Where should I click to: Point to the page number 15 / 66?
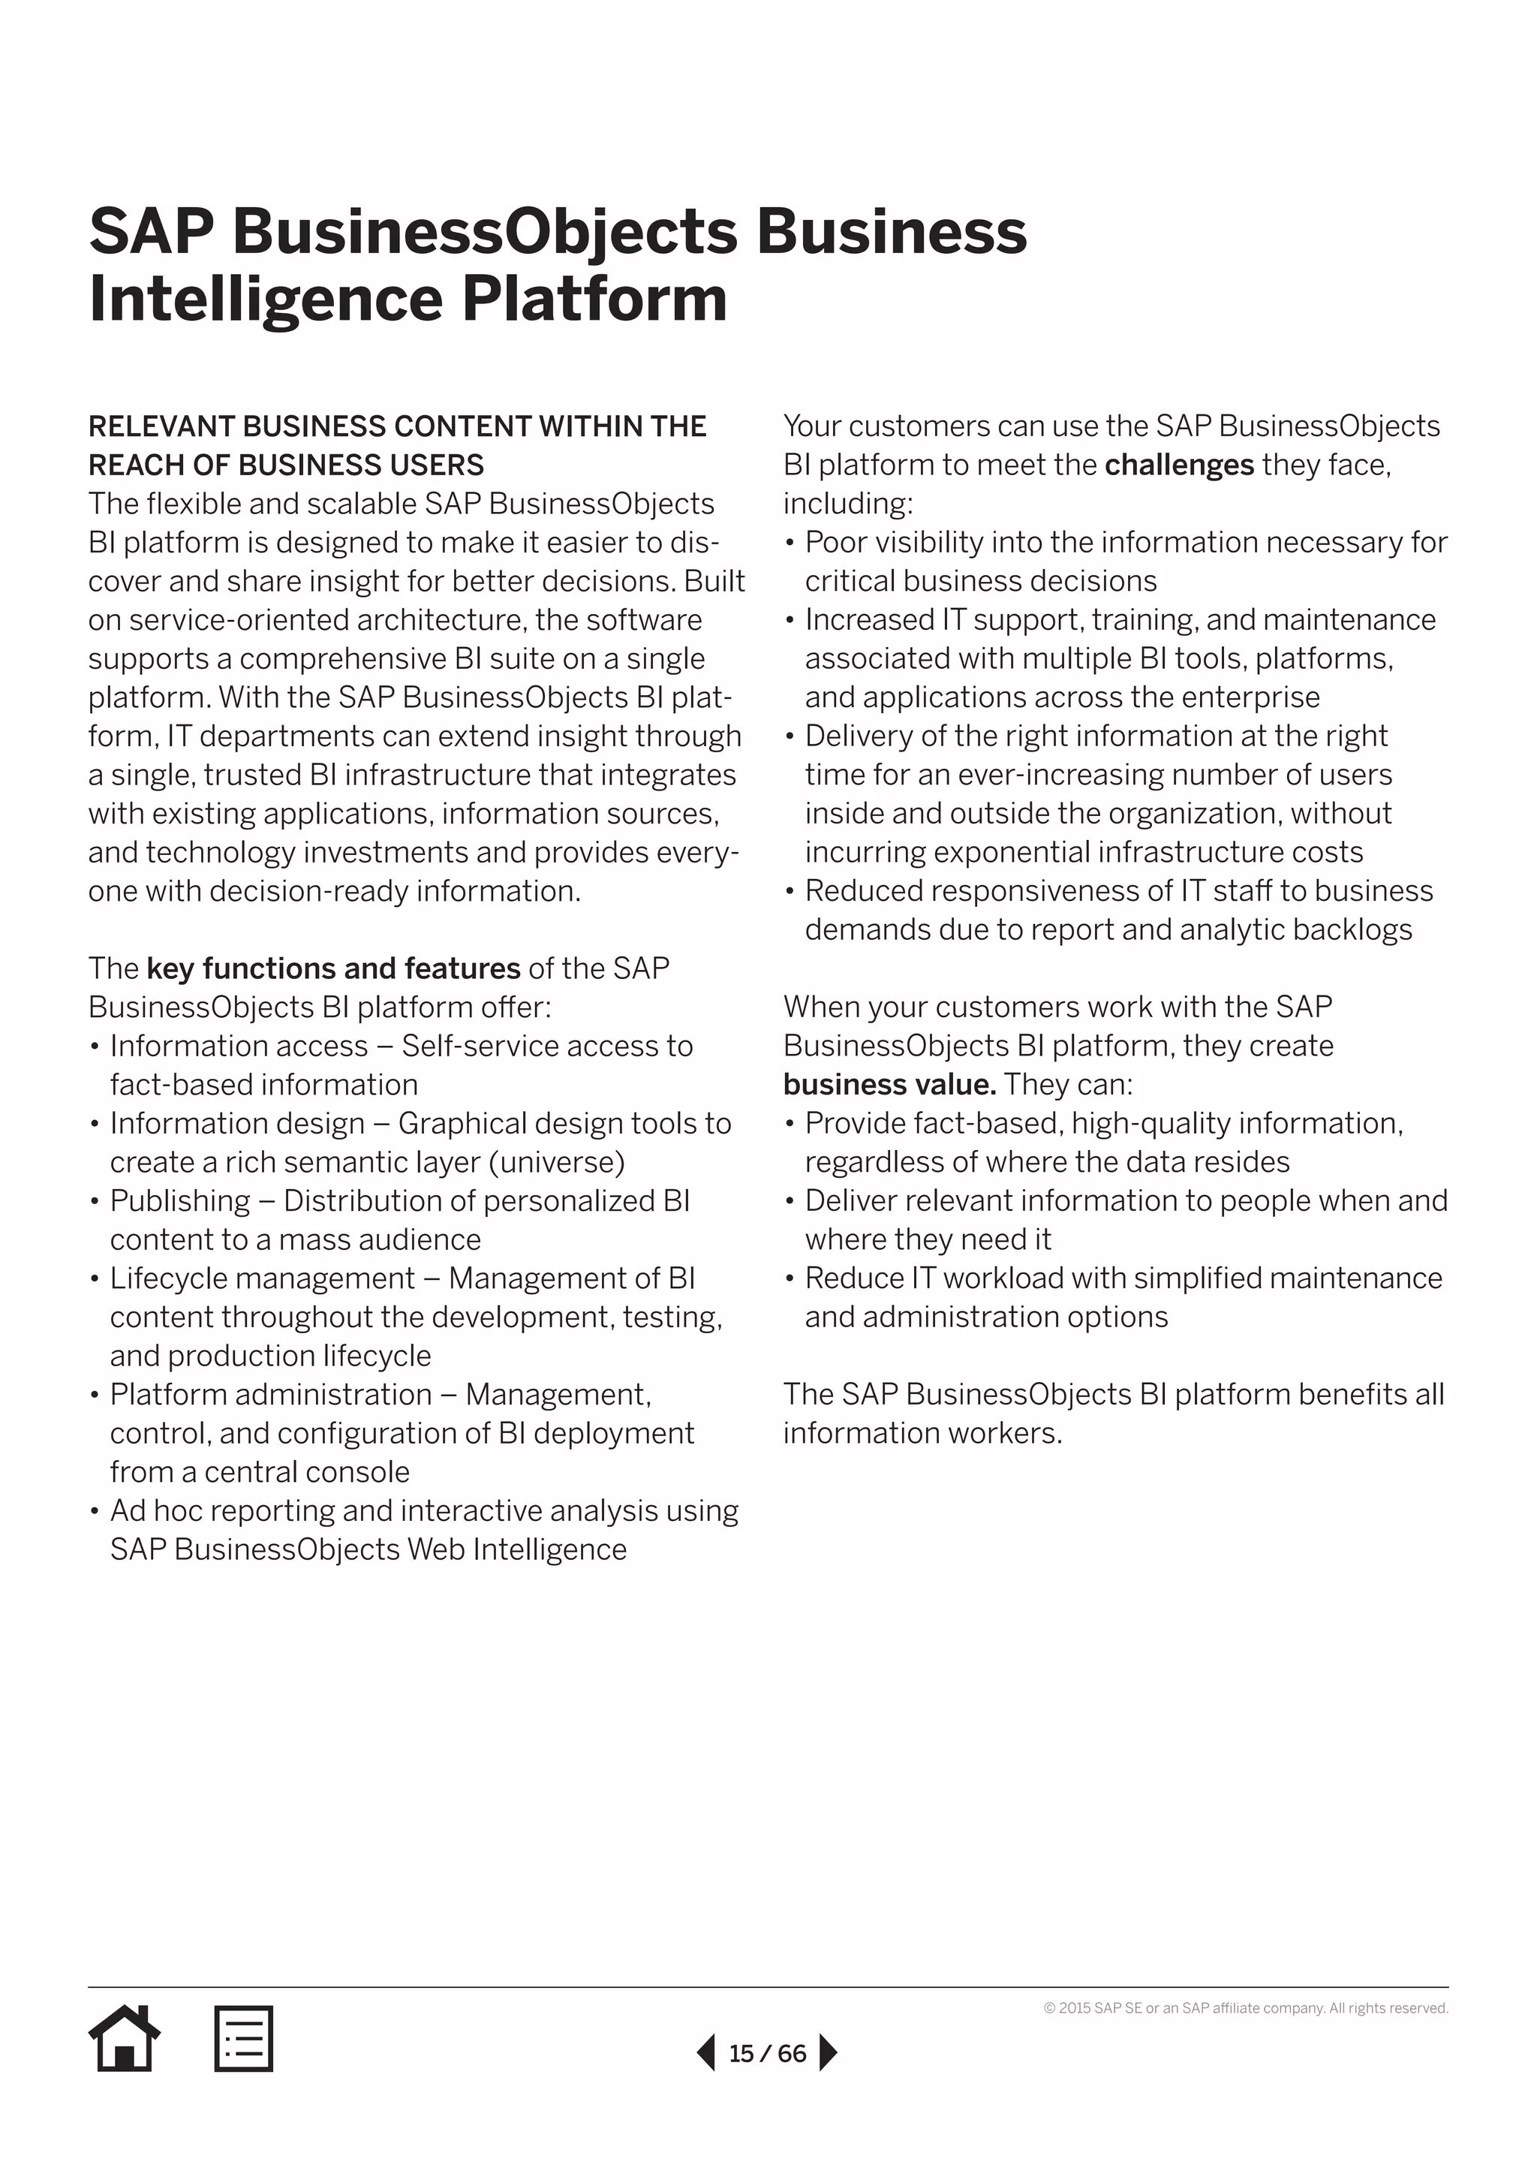[766, 2053]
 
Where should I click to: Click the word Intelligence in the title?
[265, 300]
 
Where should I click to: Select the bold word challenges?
[1178, 465]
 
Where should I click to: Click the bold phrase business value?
[889, 1084]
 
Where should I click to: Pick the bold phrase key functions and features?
[333, 968]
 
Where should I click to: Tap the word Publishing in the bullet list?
[180, 1200]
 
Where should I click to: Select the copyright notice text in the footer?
[1246, 2007]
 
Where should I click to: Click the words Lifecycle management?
[262, 1278]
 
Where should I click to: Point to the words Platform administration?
[271, 1394]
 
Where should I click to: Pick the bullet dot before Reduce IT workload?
[790, 1279]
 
